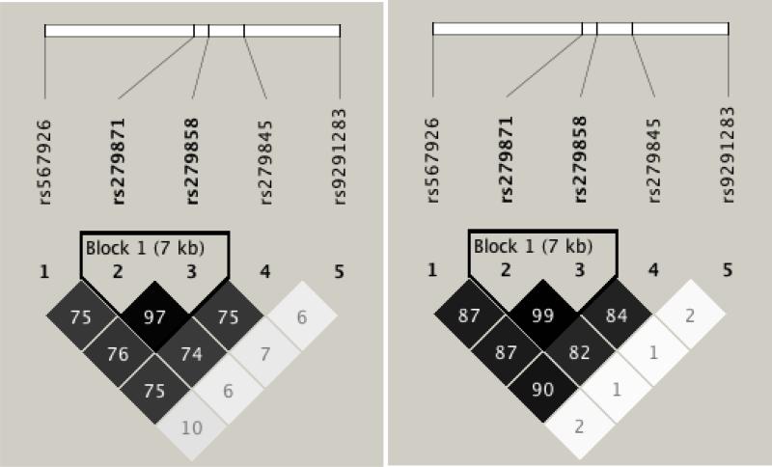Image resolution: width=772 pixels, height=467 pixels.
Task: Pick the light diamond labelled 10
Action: tap(192, 429)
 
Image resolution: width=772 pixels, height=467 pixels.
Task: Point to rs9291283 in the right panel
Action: tap(730, 154)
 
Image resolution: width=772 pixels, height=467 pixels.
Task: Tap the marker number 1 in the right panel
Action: tap(433, 272)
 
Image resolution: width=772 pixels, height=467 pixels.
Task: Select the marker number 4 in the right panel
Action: tap(653, 272)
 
